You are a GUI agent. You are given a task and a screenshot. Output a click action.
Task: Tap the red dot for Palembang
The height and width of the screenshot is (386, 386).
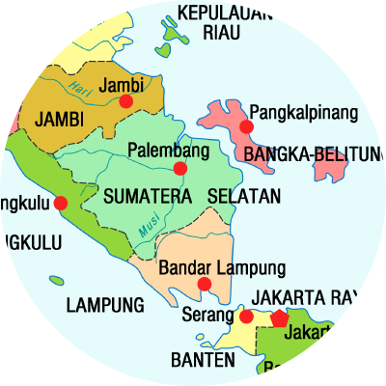(x=179, y=169)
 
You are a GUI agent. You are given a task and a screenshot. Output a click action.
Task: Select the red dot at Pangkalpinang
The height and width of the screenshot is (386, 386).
(x=246, y=126)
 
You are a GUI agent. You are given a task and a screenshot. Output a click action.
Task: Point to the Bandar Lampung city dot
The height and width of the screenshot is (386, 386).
(x=204, y=284)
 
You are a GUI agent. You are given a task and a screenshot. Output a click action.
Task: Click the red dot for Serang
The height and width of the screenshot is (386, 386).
(x=246, y=317)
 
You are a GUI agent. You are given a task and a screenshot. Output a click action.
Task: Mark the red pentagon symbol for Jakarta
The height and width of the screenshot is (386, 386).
(x=279, y=317)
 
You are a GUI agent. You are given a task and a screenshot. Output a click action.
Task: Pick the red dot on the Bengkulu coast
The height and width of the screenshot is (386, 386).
(x=61, y=204)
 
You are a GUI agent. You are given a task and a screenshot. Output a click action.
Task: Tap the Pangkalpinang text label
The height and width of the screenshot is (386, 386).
(x=303, y=112)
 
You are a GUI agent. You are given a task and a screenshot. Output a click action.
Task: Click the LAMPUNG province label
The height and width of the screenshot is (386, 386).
(x=105, y=306)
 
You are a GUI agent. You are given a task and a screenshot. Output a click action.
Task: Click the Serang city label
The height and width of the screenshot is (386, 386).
(x=206, y=315)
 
